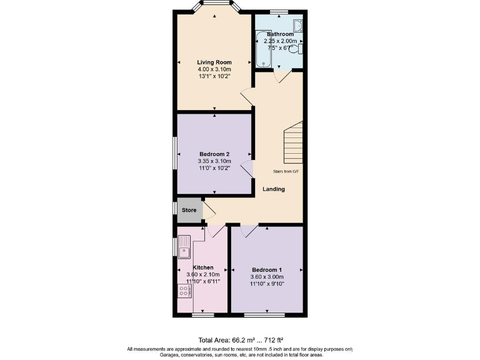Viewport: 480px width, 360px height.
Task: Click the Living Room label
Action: (x=214, y=62)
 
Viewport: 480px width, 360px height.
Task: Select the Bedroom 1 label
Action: (x=267, y=269)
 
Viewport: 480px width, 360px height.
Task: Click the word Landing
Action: (x=274, y=189)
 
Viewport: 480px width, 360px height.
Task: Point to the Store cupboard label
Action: (x=189, y=210)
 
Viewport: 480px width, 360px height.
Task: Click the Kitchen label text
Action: (x=202, y=267)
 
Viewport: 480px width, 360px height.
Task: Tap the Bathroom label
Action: (x=280, y=34)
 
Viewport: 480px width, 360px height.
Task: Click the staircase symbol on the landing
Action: (x=293, y=142)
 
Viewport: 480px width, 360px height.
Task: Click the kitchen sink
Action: (x=184, y=247)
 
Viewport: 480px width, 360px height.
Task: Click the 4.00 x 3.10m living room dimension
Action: (x=214, y=69)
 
